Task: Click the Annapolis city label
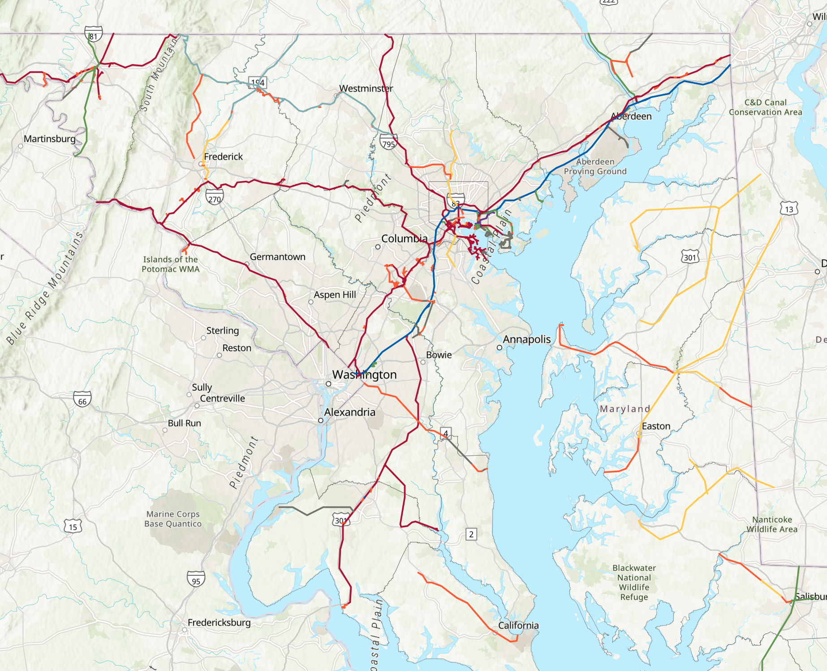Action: click(526, 339)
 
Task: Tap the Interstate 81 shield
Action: click(93, 34)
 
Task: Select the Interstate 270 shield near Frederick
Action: click(215, 197)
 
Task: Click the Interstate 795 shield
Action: click(388, 142)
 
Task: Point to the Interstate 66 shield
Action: click(82, 399)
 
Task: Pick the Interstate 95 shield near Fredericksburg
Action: click(196, 579)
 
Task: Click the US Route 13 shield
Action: click(789, 209)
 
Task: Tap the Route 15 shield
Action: click(73, 526)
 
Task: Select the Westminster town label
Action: click(366, 88)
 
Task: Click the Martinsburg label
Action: click(50, 139)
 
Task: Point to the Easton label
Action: click(656, 426)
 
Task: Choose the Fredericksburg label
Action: click(219, 622)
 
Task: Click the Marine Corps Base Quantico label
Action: click(173, 519)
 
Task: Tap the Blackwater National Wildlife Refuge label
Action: click(634, 582)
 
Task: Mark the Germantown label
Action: click(277, 257)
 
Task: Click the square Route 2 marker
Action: click(471, 534)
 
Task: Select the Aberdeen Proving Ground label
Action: click(595, 166)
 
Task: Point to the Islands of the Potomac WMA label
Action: click(170, 264)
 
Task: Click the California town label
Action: click(518, 625)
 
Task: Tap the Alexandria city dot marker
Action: click(320, 420)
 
